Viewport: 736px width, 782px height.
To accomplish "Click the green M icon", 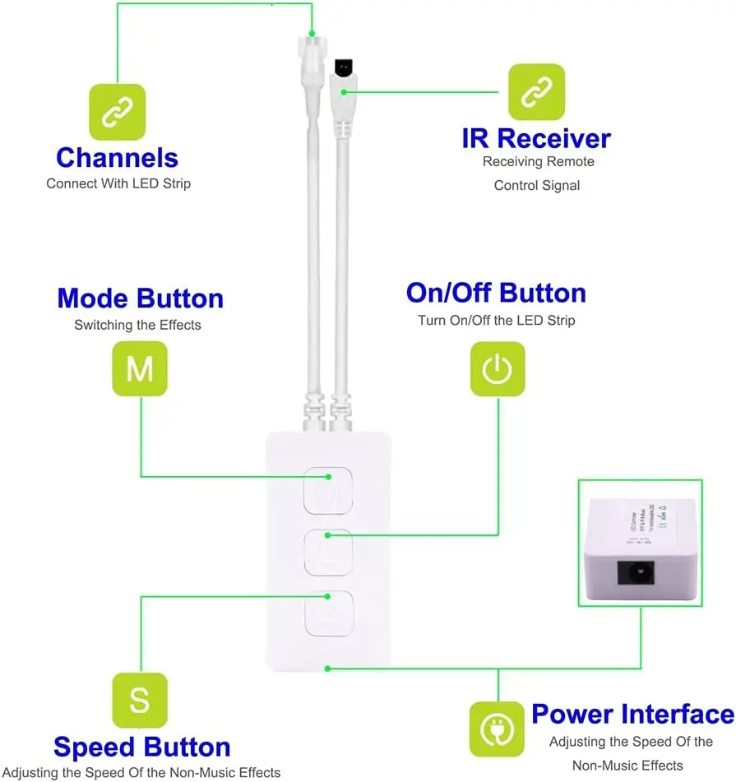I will (x=140, y=369).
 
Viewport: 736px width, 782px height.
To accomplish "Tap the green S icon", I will (x=140, y=701).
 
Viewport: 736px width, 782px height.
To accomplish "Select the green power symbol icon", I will (x=497, y=369).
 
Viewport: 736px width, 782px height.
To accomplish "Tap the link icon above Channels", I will (x=117, y=112).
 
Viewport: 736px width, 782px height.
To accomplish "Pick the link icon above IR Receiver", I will (x=536, y=92).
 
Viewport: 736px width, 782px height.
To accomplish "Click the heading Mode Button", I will (x=140, y=298).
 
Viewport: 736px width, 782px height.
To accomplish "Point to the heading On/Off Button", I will (x=496, y=294).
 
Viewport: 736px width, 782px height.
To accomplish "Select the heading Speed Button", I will (x=141, y=747).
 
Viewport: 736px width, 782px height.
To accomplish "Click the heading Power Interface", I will (x=632, y=714).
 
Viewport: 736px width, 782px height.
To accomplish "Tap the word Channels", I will (x=117, y=157).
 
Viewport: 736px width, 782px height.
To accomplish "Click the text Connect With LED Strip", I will (x=118, y=183).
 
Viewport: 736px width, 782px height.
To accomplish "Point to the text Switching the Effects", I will (x=137, y=325).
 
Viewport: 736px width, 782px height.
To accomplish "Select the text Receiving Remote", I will (x=538, y=162).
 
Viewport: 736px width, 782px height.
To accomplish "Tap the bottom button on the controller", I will (x=328, y=613).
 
